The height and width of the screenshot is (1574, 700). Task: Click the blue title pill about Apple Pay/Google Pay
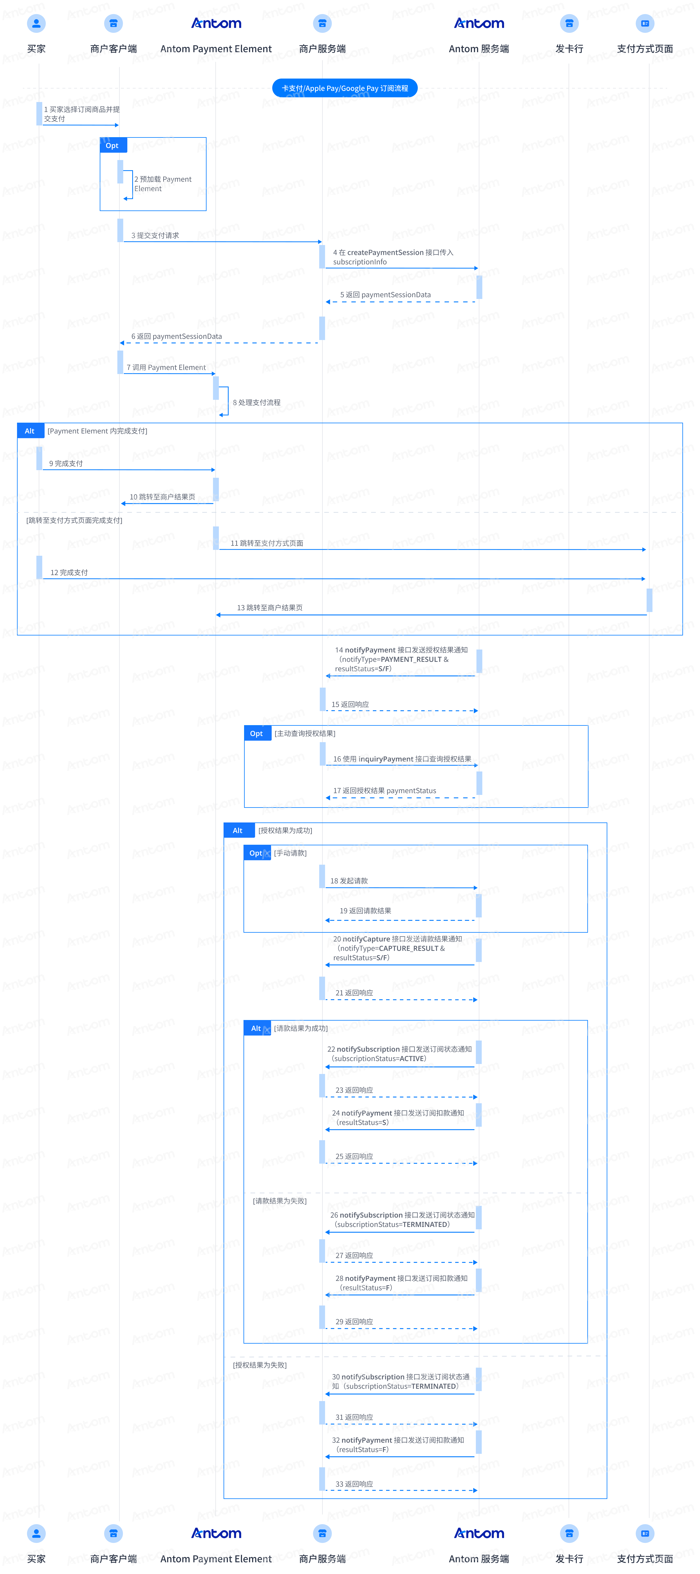(x=345, y=88)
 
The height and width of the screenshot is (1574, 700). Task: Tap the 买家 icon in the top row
(x=37, y=23)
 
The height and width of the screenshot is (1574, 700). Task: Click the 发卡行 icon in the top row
(x=569, y=23)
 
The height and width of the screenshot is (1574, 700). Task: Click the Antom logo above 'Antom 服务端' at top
(x=479, y=23)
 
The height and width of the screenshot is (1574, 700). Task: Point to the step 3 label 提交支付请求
(x=155, y=235)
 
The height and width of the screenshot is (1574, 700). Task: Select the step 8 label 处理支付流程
(x=257, y=402)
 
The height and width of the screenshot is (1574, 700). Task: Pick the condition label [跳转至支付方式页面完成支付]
(x=75, y=520)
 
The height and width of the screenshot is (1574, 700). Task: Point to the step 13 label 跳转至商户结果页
(x=270, y=607)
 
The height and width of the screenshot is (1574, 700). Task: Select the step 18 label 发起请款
(x=349, y=881)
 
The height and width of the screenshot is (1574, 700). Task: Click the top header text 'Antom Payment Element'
(x=216, y=49)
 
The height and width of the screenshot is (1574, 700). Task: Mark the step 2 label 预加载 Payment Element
(x=163, y=184)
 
